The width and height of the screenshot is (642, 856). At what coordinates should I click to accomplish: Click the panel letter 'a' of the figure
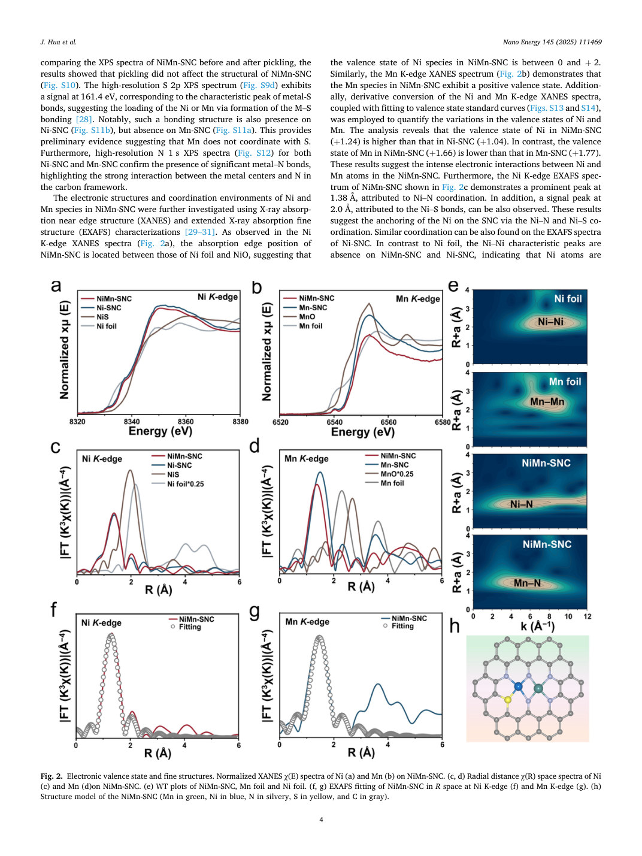coord(56,286)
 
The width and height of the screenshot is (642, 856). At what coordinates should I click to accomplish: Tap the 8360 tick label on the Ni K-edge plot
coord(186,422)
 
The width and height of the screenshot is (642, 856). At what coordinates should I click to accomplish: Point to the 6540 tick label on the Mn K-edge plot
coord(334,422)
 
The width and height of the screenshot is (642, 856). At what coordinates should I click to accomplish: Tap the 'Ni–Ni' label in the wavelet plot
coord(550,322)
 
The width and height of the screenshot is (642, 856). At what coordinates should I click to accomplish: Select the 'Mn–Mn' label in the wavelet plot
coord(547,402)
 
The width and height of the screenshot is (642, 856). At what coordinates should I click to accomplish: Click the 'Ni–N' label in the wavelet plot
coord(521,504)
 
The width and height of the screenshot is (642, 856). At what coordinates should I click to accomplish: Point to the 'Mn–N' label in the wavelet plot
coord(527,583)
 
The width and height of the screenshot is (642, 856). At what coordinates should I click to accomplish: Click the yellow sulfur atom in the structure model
coord(507,700)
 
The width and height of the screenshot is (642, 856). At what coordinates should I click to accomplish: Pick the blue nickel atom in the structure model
coord(518,687)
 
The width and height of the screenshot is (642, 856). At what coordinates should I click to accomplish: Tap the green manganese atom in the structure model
coord(538,689)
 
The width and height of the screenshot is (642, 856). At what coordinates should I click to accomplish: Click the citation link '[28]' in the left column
coord(83,119)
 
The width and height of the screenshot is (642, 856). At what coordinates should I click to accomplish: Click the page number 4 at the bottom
coord(321,819)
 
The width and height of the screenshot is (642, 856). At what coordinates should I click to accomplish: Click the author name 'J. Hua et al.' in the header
coord(59,42)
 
